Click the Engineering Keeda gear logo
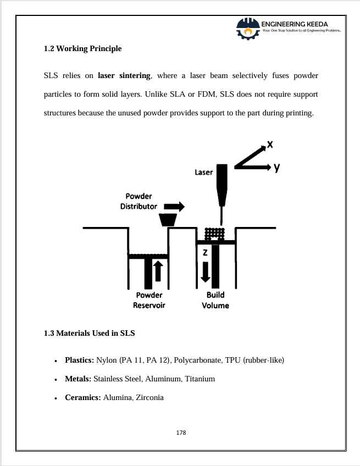pos(248,29)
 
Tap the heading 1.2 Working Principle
pos(82,48)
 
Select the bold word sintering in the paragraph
pos(135,76)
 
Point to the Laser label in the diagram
pos(203,173)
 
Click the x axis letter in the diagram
pos(270,145)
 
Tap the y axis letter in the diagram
pos(277,167)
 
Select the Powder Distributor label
pos(139,201)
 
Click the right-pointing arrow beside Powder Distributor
pos(174,207)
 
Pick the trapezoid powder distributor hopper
pos(168,220)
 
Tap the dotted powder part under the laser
pos(215,234)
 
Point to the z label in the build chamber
pos(205,252)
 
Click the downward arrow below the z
pos(206,272)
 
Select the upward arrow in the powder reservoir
pos(158,271)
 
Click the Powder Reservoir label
pos(149,300)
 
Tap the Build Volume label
pos(215,300)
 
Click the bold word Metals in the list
pos(78,379)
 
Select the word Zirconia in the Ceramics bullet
pos(149,398)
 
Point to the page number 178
pos(181,432)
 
